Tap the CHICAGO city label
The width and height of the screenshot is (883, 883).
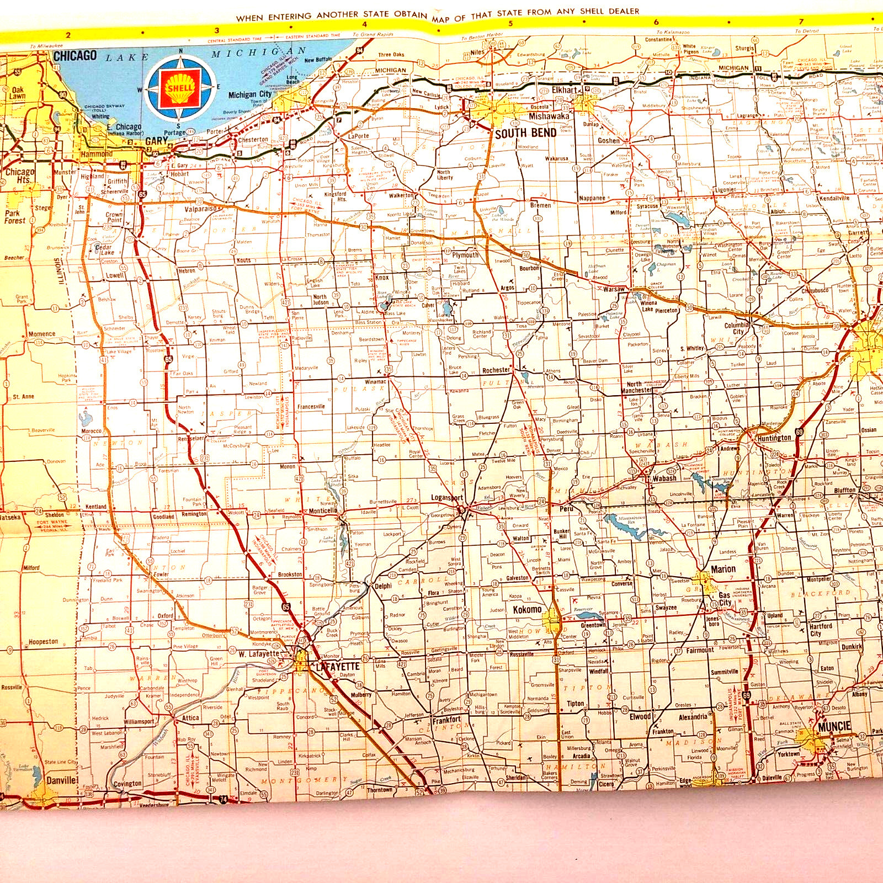point(75,56)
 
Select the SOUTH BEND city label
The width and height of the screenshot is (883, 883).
point(525,133)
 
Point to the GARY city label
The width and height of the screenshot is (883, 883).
point(156,141)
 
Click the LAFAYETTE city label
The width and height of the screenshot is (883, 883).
point(337,667)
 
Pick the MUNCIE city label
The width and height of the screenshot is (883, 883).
point(834,727)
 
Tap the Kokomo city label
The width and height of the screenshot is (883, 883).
point(527,610)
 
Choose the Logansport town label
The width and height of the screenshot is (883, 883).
point(446,498)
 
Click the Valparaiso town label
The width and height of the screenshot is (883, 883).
point(201,209)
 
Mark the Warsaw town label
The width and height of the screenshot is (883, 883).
point(614,289)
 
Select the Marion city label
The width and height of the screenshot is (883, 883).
point(723,569)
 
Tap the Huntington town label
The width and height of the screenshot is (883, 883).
point(774,438)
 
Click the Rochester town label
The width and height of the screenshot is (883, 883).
point(496,370)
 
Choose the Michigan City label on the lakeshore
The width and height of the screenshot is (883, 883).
point(250,95)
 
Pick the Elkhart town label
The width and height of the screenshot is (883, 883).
point(564,90)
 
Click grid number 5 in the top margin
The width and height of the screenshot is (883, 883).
point(510,23)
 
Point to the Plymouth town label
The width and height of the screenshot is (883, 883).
point(465,255)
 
